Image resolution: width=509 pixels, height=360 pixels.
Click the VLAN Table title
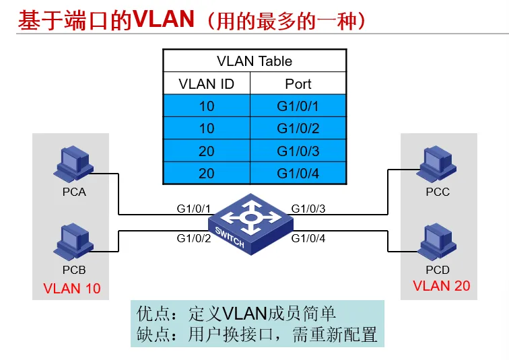click(254, 61)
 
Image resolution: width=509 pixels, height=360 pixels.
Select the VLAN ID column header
click(206, 84)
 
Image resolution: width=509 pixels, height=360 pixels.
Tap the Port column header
click(298, 84)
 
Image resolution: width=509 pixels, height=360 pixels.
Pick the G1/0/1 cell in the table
click(298, 106)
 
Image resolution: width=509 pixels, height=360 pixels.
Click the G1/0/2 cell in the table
click(298, 129)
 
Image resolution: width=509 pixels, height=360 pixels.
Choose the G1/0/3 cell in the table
click(298, 151)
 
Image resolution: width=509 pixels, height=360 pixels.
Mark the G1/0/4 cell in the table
click(298, 174)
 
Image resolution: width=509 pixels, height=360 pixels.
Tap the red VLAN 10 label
click(71, 289)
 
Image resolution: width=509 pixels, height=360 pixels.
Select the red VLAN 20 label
click(441, 285)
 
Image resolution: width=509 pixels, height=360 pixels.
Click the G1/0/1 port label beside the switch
click(194, 209)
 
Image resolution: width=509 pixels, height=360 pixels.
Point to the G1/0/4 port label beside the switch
click(308, 238)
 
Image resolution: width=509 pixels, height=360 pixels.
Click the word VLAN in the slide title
click(164, 19)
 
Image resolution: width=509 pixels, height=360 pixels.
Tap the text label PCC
click(437, 192)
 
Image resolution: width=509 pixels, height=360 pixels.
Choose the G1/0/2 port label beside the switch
click(194, 238)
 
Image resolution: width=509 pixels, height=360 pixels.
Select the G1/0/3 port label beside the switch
click(308, 209)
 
